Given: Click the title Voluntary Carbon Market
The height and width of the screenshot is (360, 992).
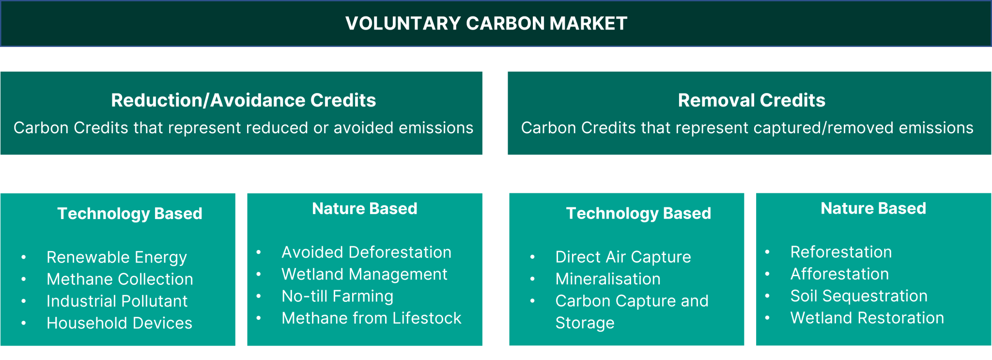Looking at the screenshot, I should tap(486, 23).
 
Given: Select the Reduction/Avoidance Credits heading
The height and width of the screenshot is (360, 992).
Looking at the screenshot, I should tap(243, 100).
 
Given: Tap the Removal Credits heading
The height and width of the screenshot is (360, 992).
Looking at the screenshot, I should tap(751, 100).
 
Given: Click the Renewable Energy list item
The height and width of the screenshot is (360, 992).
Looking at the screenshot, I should tap(116, 257).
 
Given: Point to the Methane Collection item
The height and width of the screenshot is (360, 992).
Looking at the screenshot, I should tap(120, 279).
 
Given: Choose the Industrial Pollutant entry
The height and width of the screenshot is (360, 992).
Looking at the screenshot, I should tap(117, 301).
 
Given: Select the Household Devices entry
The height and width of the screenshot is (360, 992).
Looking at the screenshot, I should tap(119, 323).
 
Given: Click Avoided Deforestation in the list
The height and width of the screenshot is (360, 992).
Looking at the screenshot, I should tap(366, 252).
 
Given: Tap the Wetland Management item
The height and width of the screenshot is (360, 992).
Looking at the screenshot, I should tap(364, 274).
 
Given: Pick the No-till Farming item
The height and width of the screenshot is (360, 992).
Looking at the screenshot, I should tap(337, 296).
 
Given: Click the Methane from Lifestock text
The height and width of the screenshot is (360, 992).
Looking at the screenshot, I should tap(371, 318).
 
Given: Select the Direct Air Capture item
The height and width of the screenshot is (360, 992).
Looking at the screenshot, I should tap(623, 257).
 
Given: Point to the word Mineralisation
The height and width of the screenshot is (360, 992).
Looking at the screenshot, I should tap(608, 279).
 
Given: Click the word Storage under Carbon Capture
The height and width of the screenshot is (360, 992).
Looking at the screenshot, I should tap(585, 323).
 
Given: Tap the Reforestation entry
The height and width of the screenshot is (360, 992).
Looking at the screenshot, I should tap(841, 252).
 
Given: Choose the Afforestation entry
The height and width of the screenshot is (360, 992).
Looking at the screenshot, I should tap(839, 274).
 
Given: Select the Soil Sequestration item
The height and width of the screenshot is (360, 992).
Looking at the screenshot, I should tap(859, 296).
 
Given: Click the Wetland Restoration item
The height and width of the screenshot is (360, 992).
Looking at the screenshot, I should tap(867, 318).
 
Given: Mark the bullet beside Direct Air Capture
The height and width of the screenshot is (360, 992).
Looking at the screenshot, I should tap(532, 257).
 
